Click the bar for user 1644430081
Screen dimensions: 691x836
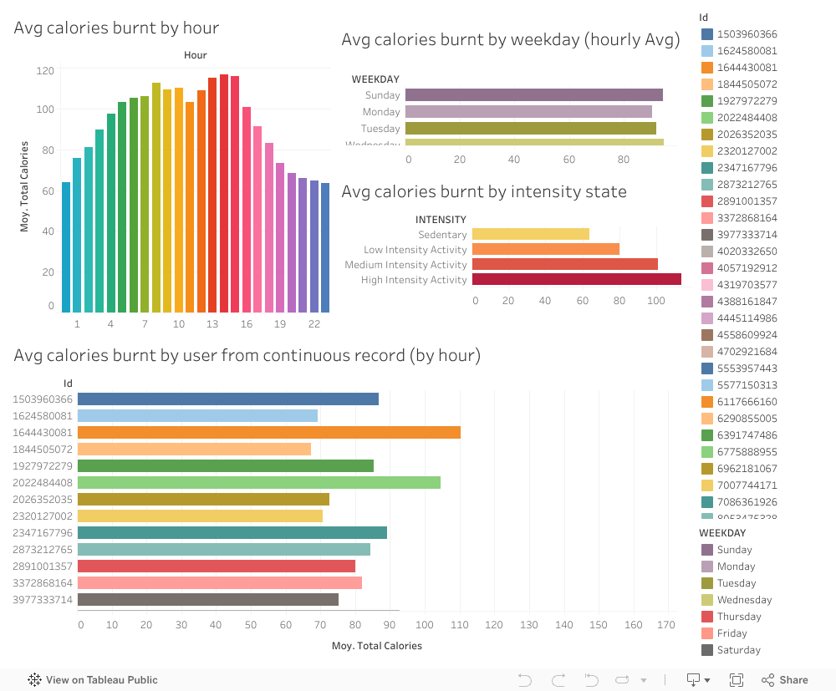[268, 433]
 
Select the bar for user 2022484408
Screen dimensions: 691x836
[258, 483]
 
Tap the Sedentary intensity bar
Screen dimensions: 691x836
[530, 234]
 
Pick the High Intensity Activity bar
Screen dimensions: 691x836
[576, 279]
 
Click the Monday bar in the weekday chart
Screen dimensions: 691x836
[528, 112]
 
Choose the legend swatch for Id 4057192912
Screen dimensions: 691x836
[707, 268]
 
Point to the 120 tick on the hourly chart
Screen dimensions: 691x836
[45, 70]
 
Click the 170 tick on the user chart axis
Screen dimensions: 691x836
[666, 624]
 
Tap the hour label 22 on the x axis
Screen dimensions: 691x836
[314, 324]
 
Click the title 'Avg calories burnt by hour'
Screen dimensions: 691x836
[116, 28]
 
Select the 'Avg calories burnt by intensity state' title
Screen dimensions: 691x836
[484, 191]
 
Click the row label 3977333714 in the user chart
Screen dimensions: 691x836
[43, 600]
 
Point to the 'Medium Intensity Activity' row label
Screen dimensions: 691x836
[405, 265]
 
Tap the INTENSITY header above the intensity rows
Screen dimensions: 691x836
[441, 220]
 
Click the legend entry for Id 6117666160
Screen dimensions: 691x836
[747, 402]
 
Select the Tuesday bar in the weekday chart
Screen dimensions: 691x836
[530, 129]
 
